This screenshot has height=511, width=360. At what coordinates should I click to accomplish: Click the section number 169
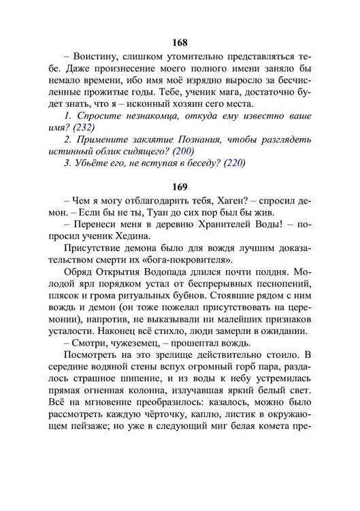tap(180, 186)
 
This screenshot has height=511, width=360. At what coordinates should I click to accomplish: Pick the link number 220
tap(232, 163)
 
